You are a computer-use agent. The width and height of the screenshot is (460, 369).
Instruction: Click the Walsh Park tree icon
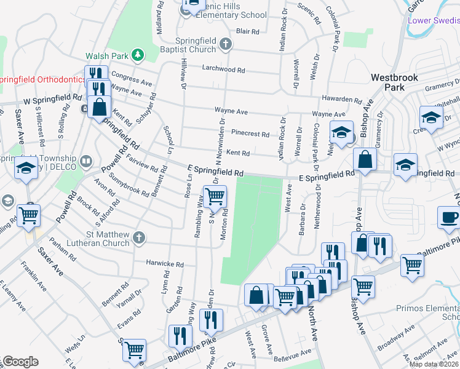(x=140, y=55)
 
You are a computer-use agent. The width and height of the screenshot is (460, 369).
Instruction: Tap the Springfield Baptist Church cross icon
(x=226, y=44)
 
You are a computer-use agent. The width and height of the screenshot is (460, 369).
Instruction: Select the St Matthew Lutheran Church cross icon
(x=140, y=237)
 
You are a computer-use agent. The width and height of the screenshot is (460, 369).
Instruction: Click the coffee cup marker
(x=448, y=216)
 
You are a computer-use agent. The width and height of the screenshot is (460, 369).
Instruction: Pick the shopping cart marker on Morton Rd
(x=215, y=197)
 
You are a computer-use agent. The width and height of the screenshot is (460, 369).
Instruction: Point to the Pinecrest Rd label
(x=250, y=133)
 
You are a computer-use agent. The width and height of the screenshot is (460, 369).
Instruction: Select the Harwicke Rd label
(x=165, y=264)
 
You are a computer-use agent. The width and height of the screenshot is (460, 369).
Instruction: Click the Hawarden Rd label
(x=342, y=99)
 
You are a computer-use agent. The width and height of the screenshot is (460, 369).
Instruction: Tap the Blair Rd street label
(x=247, y=30)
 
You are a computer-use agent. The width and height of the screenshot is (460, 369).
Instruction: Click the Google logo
(x=20, y=362)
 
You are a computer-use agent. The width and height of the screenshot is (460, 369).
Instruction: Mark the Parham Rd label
(x=63, y=248)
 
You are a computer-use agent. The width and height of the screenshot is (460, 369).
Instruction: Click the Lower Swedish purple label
(x=434, y=20)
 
